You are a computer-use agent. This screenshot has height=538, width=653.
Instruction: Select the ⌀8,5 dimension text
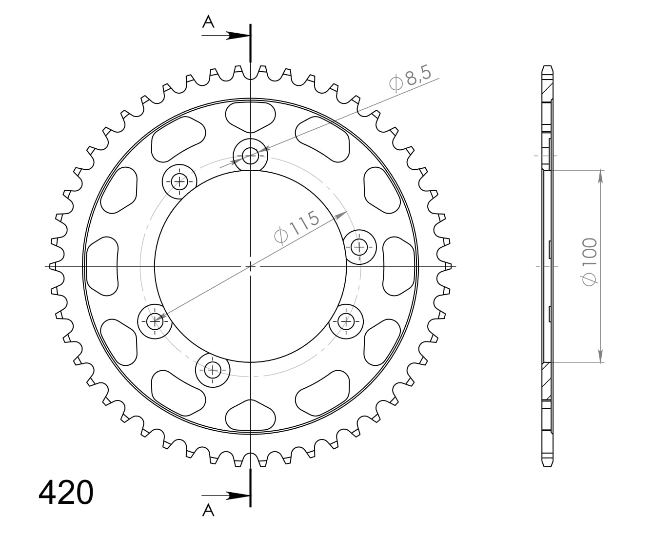coord(411,79)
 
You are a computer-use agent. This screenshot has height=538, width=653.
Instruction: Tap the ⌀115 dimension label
coord(297,227)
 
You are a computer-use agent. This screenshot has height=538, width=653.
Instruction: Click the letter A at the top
coord(208,22)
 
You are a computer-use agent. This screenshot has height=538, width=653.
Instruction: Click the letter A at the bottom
coord(208,510)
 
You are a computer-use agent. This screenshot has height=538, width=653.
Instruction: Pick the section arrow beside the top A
coord(238,36)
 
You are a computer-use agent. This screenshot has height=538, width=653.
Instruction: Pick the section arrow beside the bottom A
coord(238,496)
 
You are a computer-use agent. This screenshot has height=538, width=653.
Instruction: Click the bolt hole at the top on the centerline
coord(251,156)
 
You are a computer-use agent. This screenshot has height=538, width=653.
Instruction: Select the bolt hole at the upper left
coord(179,182)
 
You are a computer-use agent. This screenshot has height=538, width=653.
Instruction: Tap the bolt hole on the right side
coord(360,247)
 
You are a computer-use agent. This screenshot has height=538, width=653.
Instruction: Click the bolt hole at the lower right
coord(346,321)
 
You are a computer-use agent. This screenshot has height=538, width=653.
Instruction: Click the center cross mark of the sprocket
coord(250,266)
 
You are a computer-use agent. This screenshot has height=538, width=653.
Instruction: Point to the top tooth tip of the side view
coord(548,67)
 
